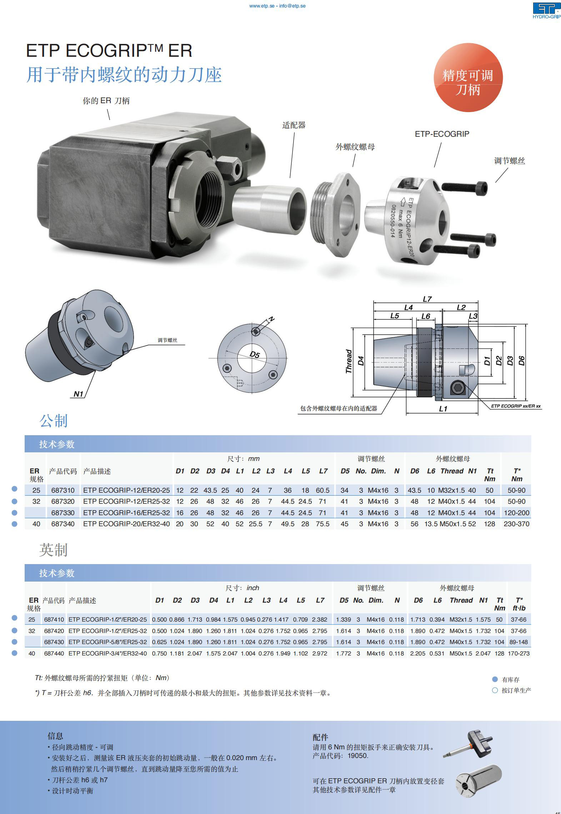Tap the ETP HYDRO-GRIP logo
pyautogui.click(x=547, y=11)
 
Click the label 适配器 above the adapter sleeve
pyautogui.click(x=294, y=125)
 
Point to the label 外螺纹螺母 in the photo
pyautogui.click(x=355, y=147)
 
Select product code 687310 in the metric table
pyautogui.click(x=63, y=490)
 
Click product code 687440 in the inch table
pyautogui.click(x=54, y=653)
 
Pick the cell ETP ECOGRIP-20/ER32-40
pyautogui.click(x=126, y=524)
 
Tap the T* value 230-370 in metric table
pyautogui.click(x=516, y=524)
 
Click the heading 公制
pyautogui.click(x=54, y=421)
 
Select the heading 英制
pyautogui.click(x=54, y=550)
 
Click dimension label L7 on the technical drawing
pyautogui.click(x=427, y=299)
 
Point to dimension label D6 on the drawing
pyautogui.click(x=521, y=361)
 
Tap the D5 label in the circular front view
pyautogui.click(x=255, y=355)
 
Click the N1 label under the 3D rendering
pyautogui.click(x=78, y=394)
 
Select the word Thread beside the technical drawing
pyautogui.click(x=349, y=361)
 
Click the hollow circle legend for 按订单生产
pyautogui.click(x=495, y=690)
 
